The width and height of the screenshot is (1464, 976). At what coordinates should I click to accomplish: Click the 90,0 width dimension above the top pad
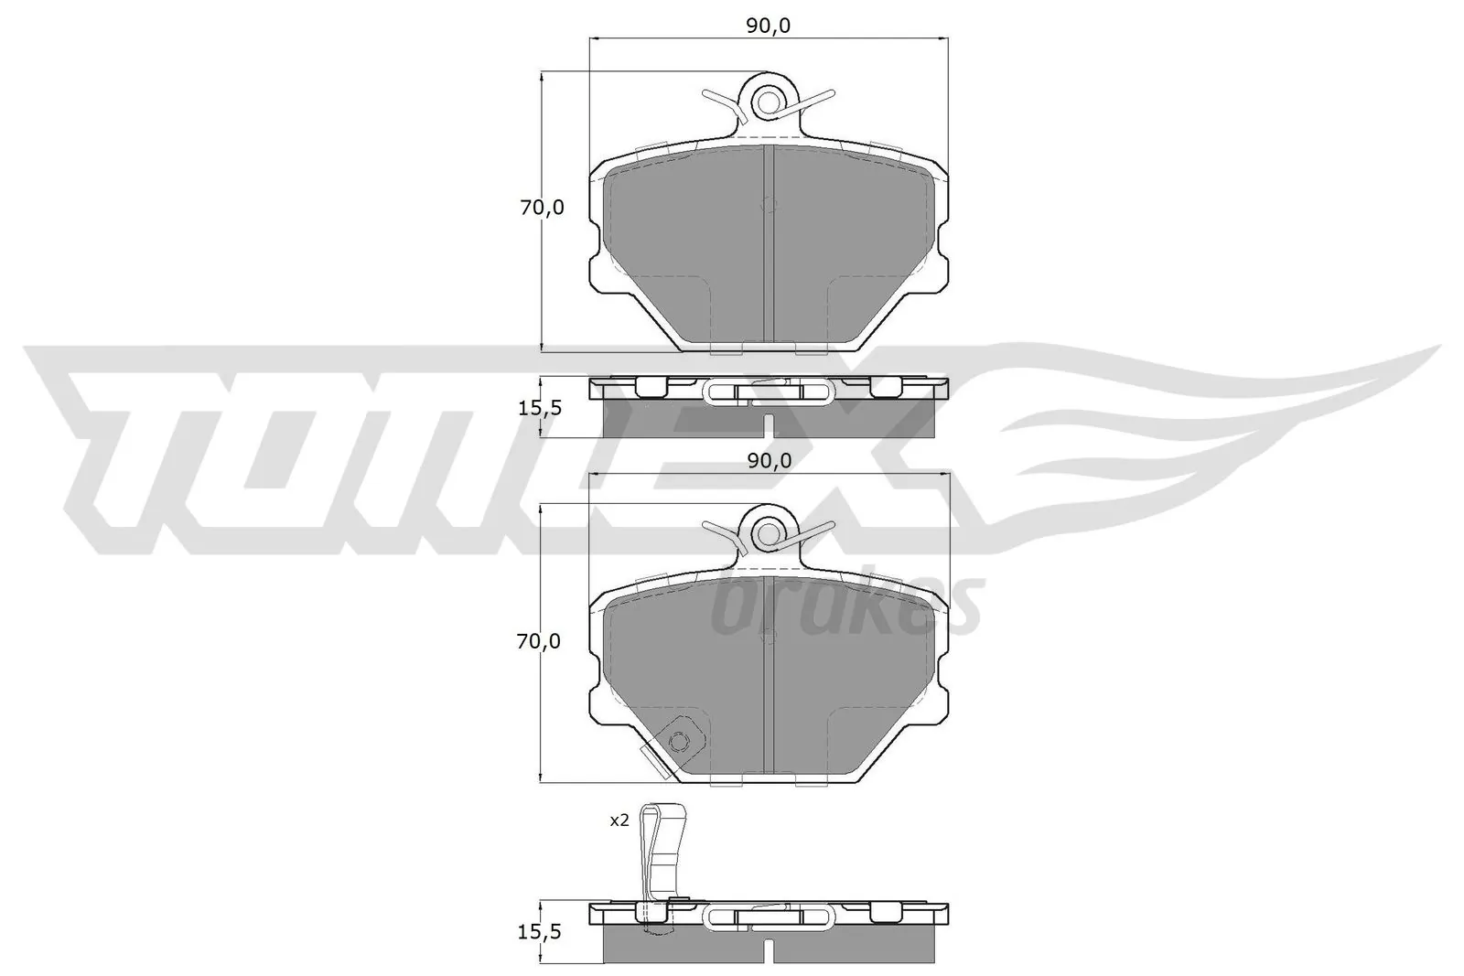768,26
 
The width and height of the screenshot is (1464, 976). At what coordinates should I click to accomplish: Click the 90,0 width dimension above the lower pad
768,461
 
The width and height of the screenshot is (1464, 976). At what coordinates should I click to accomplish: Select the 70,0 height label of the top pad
542,208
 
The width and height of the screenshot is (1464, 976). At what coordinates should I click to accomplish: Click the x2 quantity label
619,821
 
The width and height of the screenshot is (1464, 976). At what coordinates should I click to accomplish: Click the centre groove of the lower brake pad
769,677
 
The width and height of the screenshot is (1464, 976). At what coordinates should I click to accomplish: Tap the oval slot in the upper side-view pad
769,392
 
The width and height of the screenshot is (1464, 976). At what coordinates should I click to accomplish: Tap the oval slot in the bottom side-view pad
769,917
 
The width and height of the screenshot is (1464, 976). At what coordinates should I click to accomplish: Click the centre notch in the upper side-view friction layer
769,426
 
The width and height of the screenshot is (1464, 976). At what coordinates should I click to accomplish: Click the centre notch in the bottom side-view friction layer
769,951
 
